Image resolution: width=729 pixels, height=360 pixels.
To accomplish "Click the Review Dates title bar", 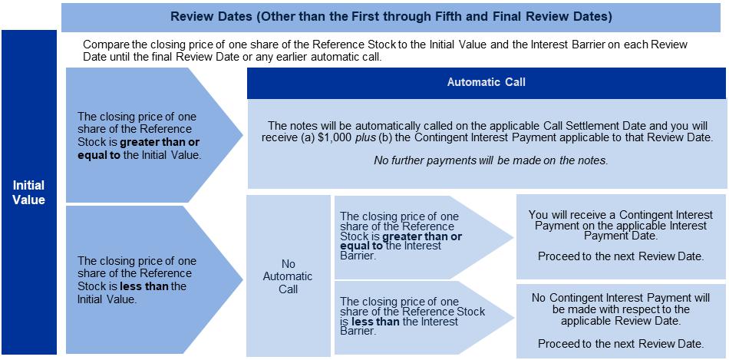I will point(391,15).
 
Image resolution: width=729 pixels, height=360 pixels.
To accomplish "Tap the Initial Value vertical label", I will point(29,192).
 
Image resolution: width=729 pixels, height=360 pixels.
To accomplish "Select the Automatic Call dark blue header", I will point(487,83).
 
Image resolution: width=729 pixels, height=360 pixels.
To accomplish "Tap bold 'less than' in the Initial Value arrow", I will point(145,286).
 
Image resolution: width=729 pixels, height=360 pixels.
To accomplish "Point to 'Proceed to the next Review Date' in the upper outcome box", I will point(620,256).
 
